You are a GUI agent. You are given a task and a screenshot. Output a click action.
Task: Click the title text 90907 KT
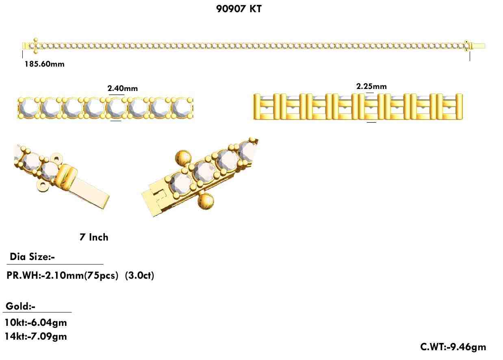point(239,9)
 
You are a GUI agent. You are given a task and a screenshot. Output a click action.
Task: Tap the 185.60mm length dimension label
point(44,64)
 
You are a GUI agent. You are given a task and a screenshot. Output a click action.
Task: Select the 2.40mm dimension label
point(122,88)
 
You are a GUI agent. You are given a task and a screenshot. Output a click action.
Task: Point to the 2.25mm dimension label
point(371,86)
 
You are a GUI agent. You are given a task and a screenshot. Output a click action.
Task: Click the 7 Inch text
point(94,237)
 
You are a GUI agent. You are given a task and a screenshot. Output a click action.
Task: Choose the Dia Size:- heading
point(32,257)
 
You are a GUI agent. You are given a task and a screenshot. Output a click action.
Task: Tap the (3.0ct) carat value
point(139,275)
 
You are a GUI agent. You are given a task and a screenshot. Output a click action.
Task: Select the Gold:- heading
point(20,306)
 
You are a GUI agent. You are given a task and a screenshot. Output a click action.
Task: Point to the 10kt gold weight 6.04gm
point(36,323)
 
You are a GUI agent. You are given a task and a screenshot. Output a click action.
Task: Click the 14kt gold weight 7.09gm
point(36,336)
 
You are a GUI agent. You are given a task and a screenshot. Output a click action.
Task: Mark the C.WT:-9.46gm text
point(453,347)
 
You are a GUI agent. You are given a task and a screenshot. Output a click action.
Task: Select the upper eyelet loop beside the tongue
point(56,157)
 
